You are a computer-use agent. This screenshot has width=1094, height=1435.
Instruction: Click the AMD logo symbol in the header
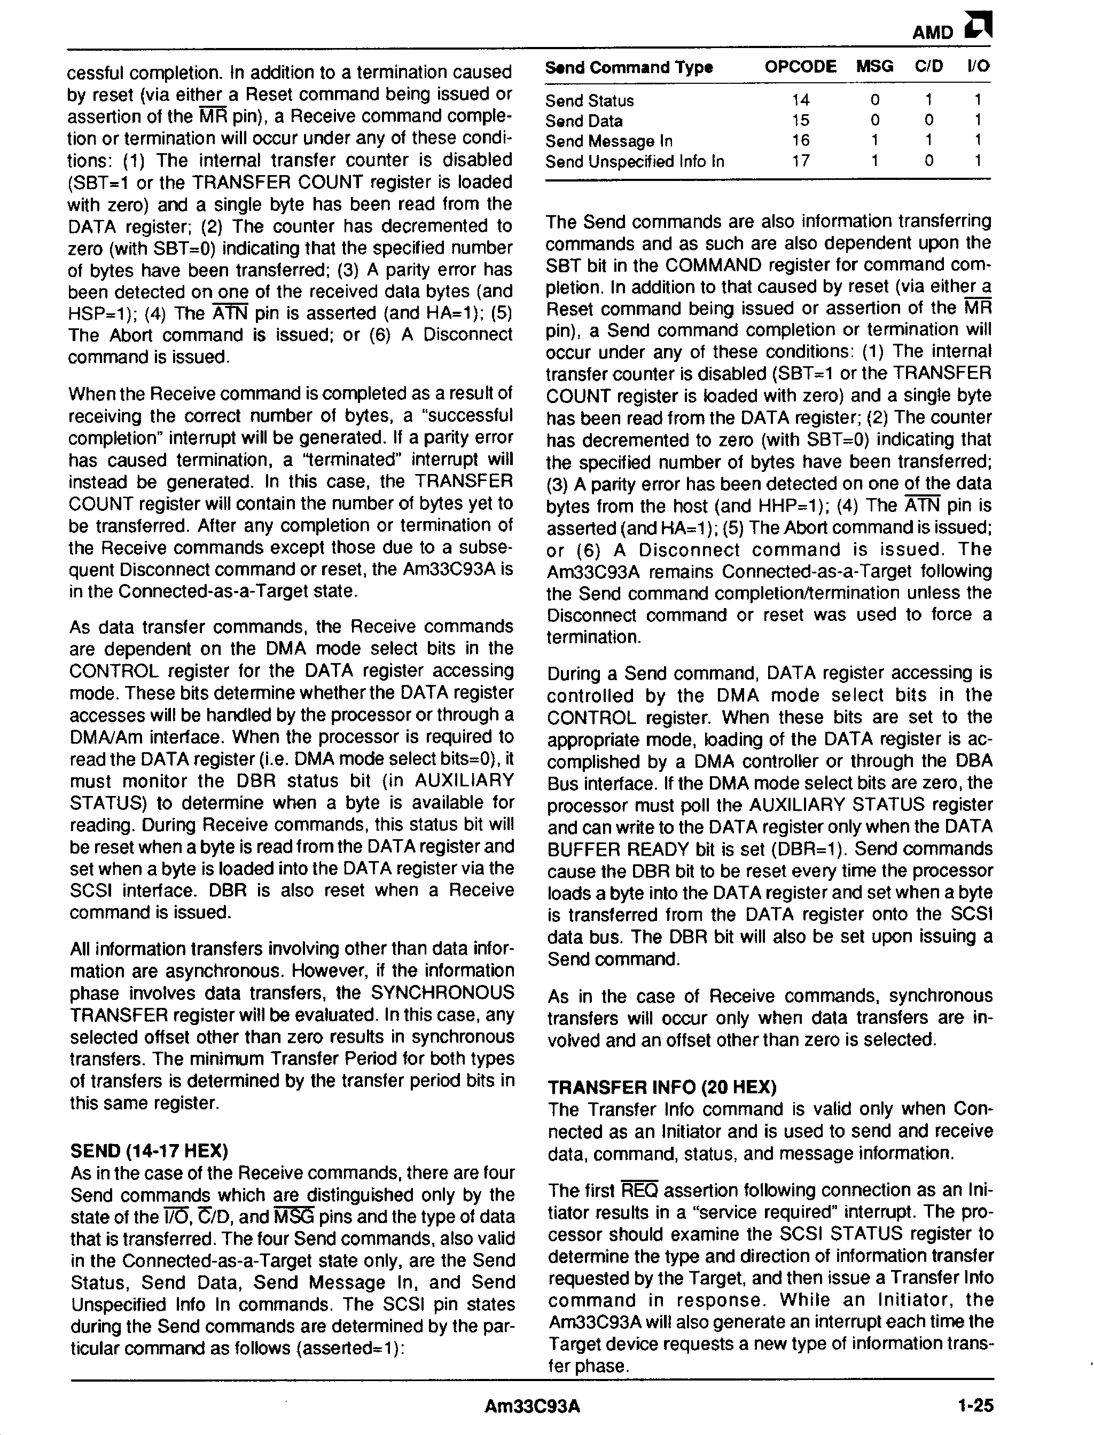point(979,28)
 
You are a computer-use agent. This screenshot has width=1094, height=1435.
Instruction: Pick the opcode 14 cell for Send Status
point(800,100)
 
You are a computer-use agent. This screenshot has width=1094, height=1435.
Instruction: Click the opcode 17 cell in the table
point(800,161)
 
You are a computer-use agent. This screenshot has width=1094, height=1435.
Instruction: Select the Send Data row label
point(583,121)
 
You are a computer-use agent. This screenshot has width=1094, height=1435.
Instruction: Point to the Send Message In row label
point(609,141)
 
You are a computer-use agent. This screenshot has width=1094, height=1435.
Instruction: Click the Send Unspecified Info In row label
point(634,161)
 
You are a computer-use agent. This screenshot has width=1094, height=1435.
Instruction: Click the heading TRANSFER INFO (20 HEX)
point(662,1087)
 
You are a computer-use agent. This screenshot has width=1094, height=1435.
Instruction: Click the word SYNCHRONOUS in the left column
point(442,993)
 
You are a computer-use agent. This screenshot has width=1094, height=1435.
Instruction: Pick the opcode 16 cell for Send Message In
point(800,140)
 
